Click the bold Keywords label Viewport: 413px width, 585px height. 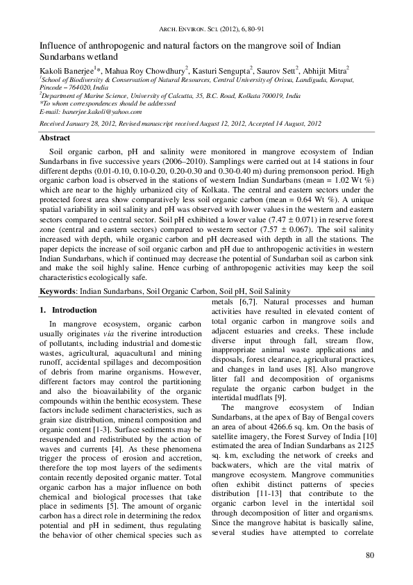pos(58,292)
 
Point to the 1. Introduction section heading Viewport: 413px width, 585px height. pos(68,310)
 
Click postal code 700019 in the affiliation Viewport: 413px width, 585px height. pos(269,96)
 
